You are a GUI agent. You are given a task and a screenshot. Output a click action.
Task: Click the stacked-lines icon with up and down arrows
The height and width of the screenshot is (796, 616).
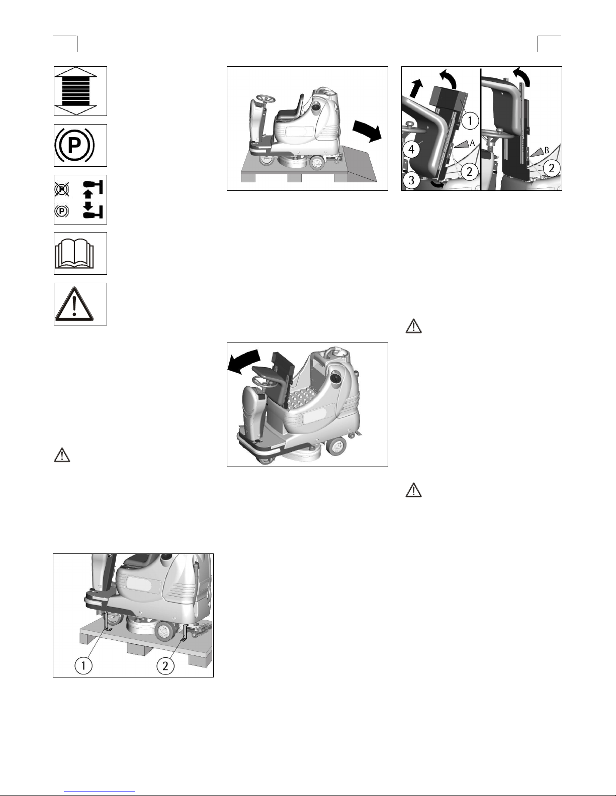(75, 91)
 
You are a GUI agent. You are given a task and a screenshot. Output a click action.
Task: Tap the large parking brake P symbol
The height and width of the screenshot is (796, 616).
(74, 146)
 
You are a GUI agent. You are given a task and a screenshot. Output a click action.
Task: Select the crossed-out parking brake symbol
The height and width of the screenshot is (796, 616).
(62, 189)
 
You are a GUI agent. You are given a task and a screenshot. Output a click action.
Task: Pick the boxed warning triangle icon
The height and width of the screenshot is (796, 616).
(74, 304)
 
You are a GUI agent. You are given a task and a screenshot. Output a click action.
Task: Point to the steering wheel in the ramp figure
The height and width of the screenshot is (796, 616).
(266, 98)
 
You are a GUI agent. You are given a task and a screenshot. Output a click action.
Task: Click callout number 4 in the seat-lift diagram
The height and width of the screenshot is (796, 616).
(411, 150)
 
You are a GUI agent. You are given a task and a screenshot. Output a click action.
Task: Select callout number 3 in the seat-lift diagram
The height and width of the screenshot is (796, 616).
(411, 180)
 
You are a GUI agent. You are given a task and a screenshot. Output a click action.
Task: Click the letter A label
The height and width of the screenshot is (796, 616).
(472, 143)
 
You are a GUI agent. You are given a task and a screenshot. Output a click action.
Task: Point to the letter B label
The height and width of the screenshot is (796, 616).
(546, 150)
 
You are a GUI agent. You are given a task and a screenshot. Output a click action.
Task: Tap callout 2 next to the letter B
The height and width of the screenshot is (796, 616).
(551, 168)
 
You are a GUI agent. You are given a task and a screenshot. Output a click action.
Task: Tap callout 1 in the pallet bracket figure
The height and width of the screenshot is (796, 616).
(83, 665)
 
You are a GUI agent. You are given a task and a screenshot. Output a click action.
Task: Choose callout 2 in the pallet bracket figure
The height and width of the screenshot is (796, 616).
(165, 665)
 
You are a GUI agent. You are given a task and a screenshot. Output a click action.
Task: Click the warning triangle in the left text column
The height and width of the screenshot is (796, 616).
(62, 455)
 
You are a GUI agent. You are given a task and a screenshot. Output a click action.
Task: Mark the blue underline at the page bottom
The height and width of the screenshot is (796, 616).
(100, 790)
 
